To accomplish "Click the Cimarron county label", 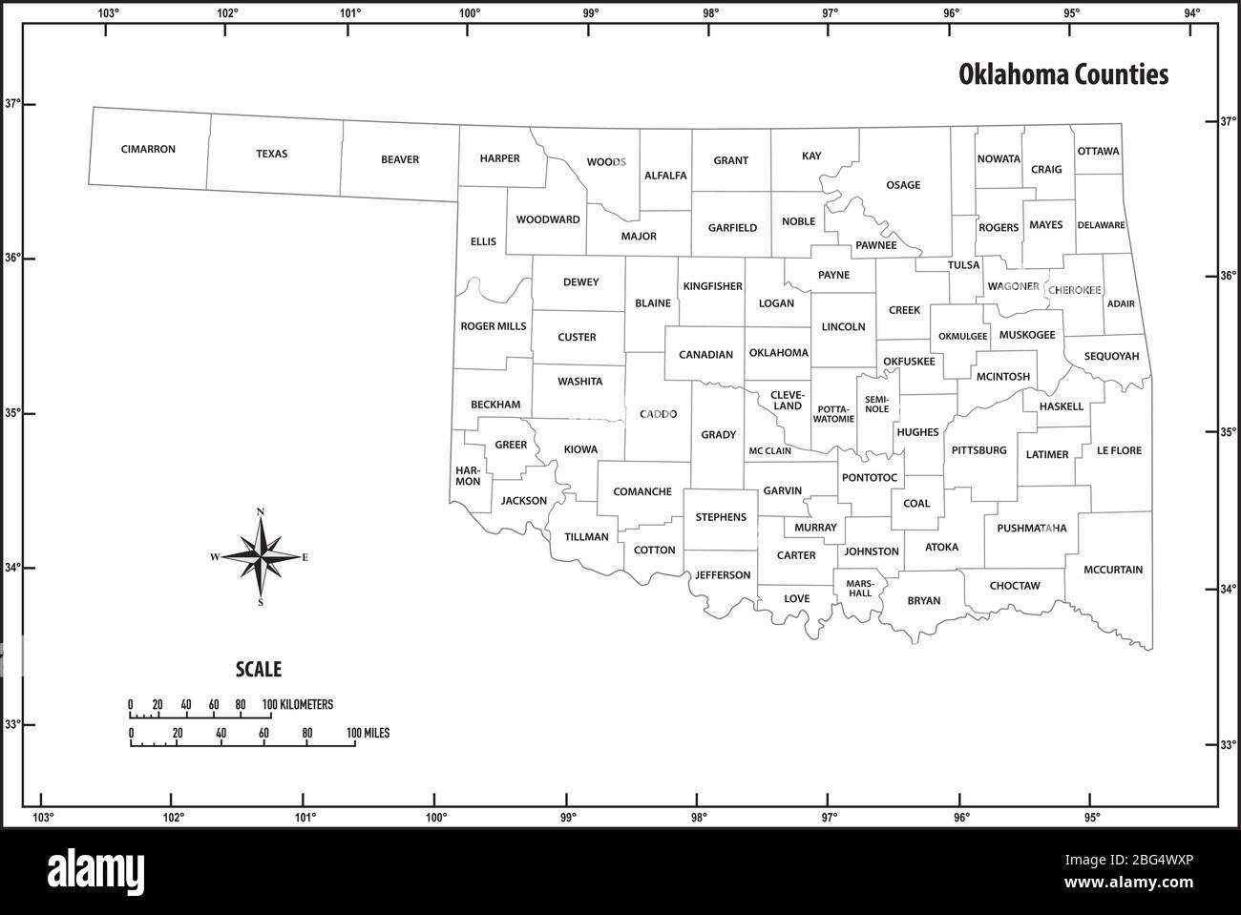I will click(x=148, y=150).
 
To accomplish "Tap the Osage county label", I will click(x=903, y=185).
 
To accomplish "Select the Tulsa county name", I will click(x=963, y=265).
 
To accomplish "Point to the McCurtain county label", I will click(x=1112, y=570).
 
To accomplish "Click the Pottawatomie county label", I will click(x=833, y=413).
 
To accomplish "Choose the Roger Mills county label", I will click(x=493, y=326).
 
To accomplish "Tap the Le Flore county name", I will click(x=1119, y=450).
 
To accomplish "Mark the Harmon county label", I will click(x=468, y=476).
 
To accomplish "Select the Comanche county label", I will click(x=642, y=492).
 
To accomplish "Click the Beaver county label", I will click(x=399, y=159).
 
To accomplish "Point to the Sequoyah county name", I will click(x=1112, y=356).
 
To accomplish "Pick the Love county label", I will click(x=796, y=599).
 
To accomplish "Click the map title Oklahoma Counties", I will click(x=1063, y=74).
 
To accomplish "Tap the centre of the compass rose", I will click(x=261, y=557).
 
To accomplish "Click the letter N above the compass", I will click(x=261, y=513).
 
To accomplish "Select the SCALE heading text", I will click(x=259, y=670).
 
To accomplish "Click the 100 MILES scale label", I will click(x=368, y=734).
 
